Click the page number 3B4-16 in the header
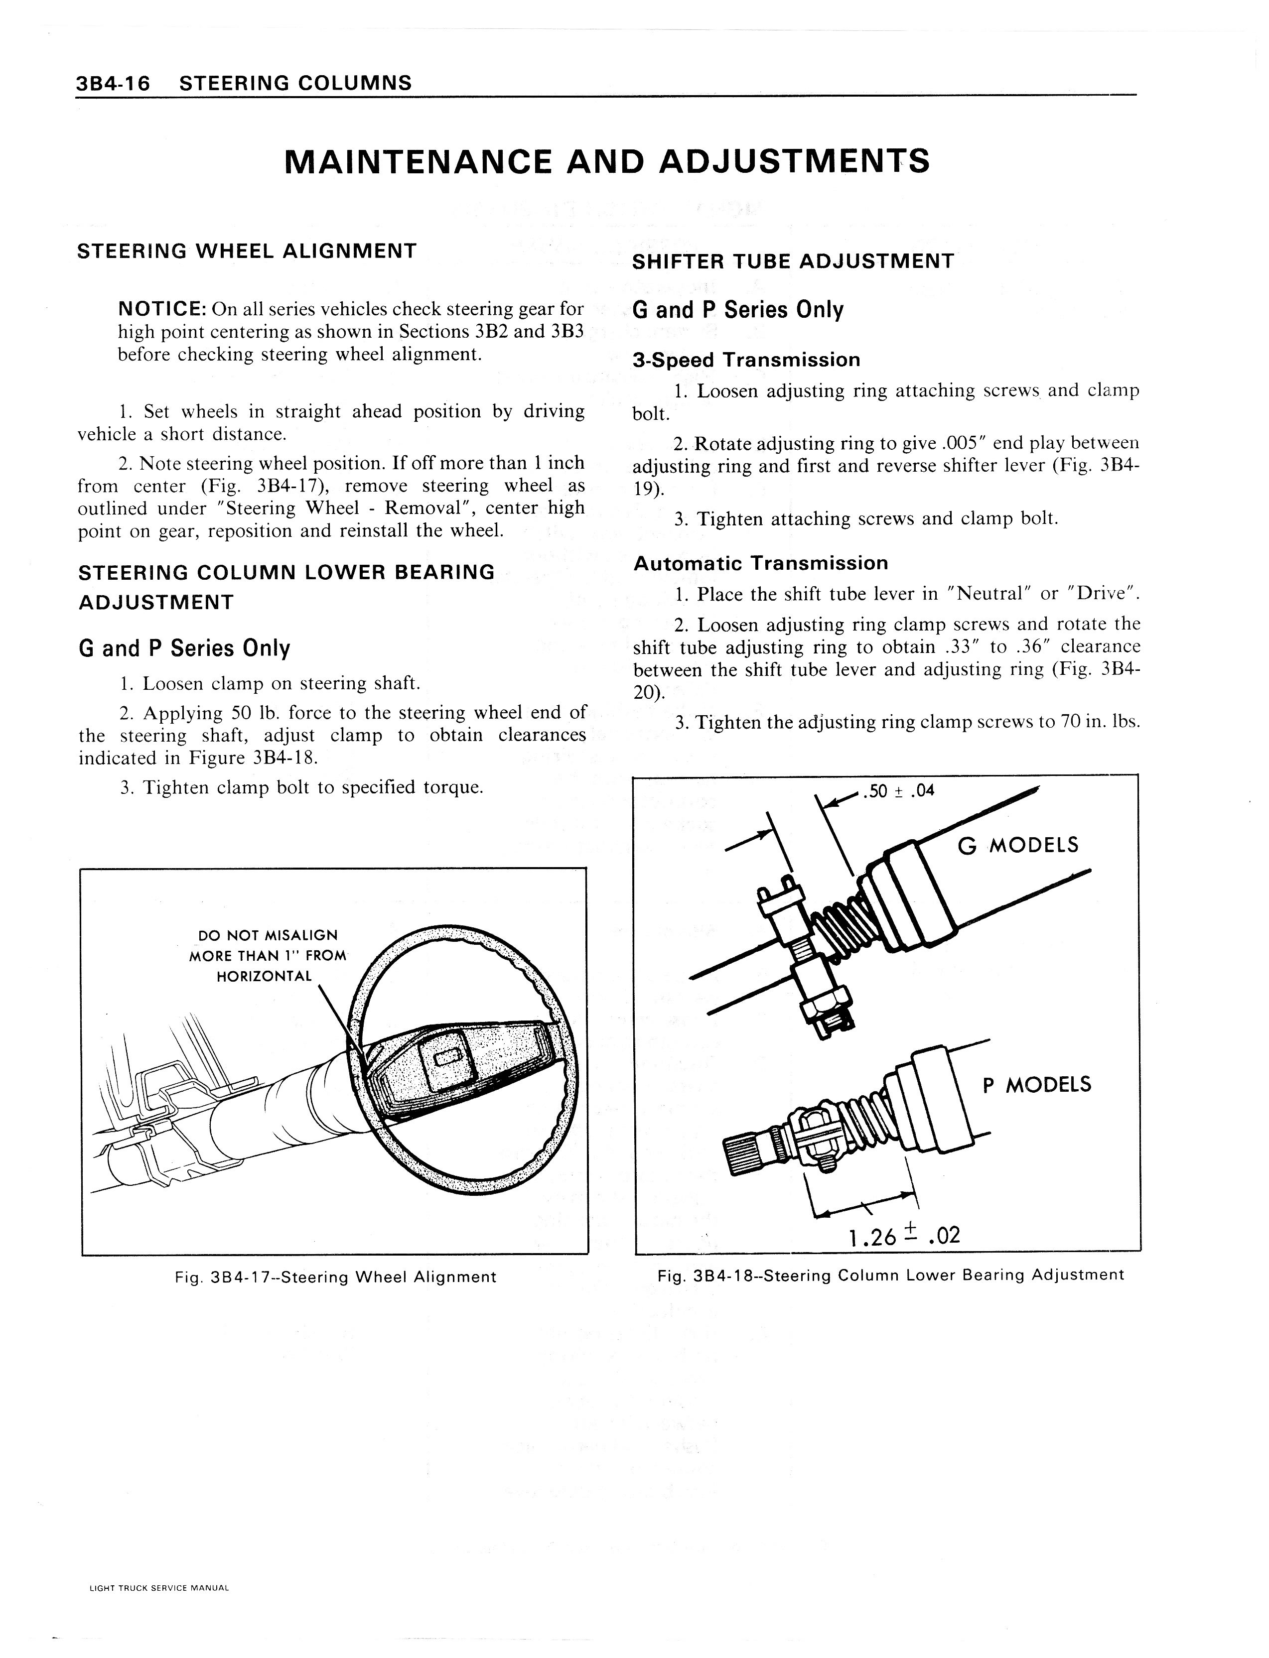pos(113,83)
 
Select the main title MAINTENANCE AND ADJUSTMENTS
pos(606,161)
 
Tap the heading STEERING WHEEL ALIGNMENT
pos(247,252)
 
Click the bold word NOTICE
pos(162,309)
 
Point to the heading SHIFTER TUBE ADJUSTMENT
pos(793,262)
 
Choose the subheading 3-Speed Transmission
pos(746,360)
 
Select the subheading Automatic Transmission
pos(761,563)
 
